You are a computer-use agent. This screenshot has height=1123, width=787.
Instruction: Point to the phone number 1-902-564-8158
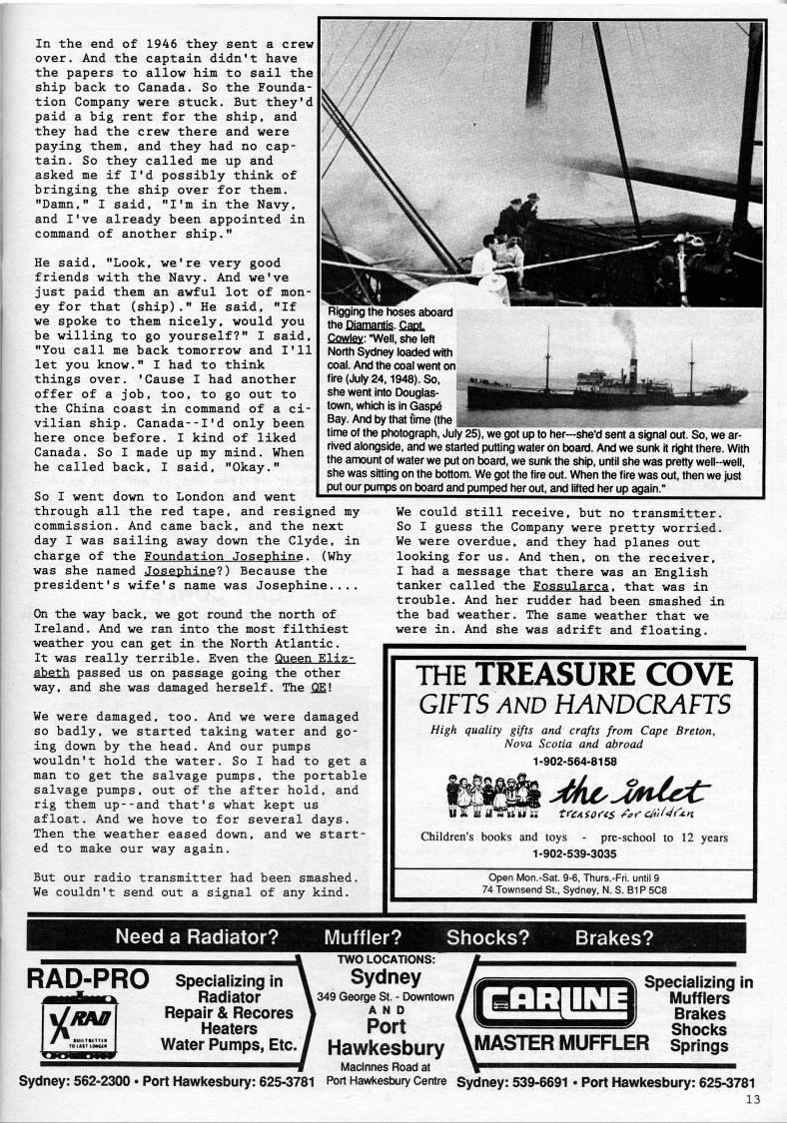click(573, 761)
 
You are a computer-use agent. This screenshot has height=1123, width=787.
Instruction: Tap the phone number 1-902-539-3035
click(573, 854)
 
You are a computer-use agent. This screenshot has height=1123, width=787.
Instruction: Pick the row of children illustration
click(493, 795)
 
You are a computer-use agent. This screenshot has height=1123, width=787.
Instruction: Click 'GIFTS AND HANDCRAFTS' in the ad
click(573, 704)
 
